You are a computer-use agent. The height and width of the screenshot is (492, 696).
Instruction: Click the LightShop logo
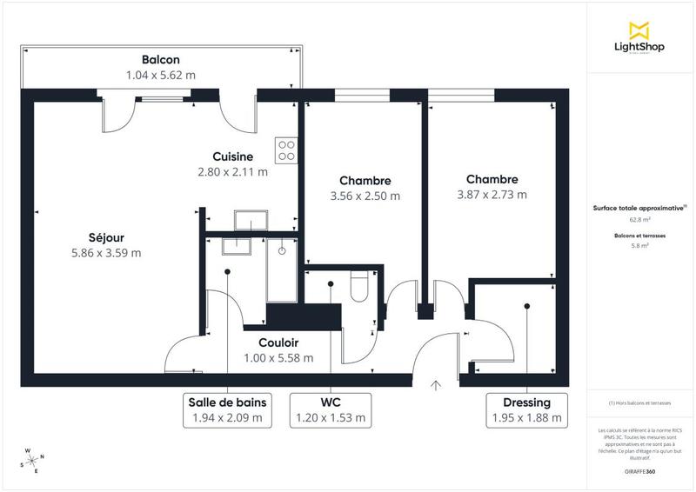coord(639,38)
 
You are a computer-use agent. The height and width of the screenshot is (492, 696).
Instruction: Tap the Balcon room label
coord(161,59)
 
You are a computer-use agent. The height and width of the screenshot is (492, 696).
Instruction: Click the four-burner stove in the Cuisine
coord(286,150)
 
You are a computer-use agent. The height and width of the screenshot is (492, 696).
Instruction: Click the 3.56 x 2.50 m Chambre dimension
coord(365,196)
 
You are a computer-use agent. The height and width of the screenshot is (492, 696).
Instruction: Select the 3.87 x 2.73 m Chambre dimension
coord(492,195)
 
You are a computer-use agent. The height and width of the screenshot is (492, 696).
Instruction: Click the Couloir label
coord(278,342)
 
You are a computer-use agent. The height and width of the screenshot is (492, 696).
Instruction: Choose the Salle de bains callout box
coord(227,410)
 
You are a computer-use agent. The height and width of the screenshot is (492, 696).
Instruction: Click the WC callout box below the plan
coord(331,410)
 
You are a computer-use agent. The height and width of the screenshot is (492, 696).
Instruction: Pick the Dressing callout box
coord(526,410)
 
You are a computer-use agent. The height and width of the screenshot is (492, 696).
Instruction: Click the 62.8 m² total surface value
coord(639,220)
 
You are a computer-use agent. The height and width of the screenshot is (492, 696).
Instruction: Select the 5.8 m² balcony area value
coord(639,246)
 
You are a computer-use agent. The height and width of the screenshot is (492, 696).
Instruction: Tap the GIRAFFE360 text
coord(639,469)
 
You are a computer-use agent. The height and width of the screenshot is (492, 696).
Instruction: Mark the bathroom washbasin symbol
coord(235,247)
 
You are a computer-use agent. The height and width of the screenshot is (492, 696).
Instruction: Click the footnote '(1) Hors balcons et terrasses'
coord(639,404)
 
